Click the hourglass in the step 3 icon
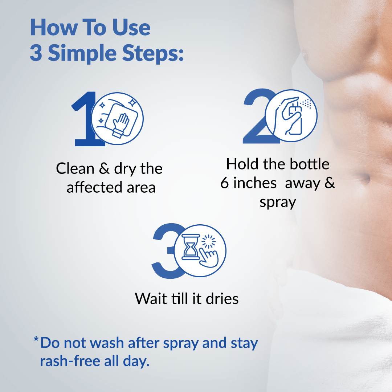190,247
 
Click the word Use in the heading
131,28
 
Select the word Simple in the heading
82,54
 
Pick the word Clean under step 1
75,168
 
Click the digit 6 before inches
225,183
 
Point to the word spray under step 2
278,203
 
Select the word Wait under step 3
151,298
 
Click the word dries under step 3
222,298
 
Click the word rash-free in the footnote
70,361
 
